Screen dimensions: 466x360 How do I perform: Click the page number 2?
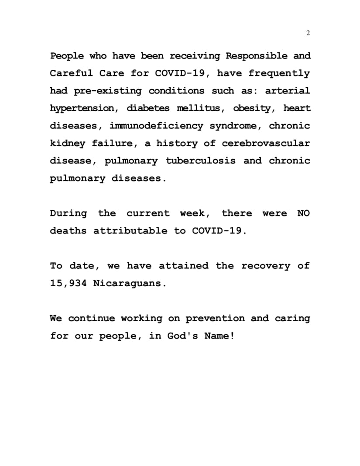(x=308, y=34)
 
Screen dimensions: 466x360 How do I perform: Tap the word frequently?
(x=279, y=74)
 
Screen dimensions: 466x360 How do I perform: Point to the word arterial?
(x=288, y=91)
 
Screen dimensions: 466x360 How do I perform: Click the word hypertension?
(x=80, y=109)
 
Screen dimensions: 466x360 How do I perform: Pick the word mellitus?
(x=199, y=109)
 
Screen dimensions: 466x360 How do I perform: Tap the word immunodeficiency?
(x=156, y=126)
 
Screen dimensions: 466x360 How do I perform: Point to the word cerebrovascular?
(x=266, y=144)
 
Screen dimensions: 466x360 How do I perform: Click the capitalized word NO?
(x=303, y=213)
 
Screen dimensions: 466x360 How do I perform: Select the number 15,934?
(x=68, y=283)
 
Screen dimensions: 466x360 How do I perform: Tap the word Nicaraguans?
(x=130, y=283)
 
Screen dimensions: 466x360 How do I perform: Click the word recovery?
(x=265, y=266)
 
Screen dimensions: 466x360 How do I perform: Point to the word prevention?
(x=215, y=319)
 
